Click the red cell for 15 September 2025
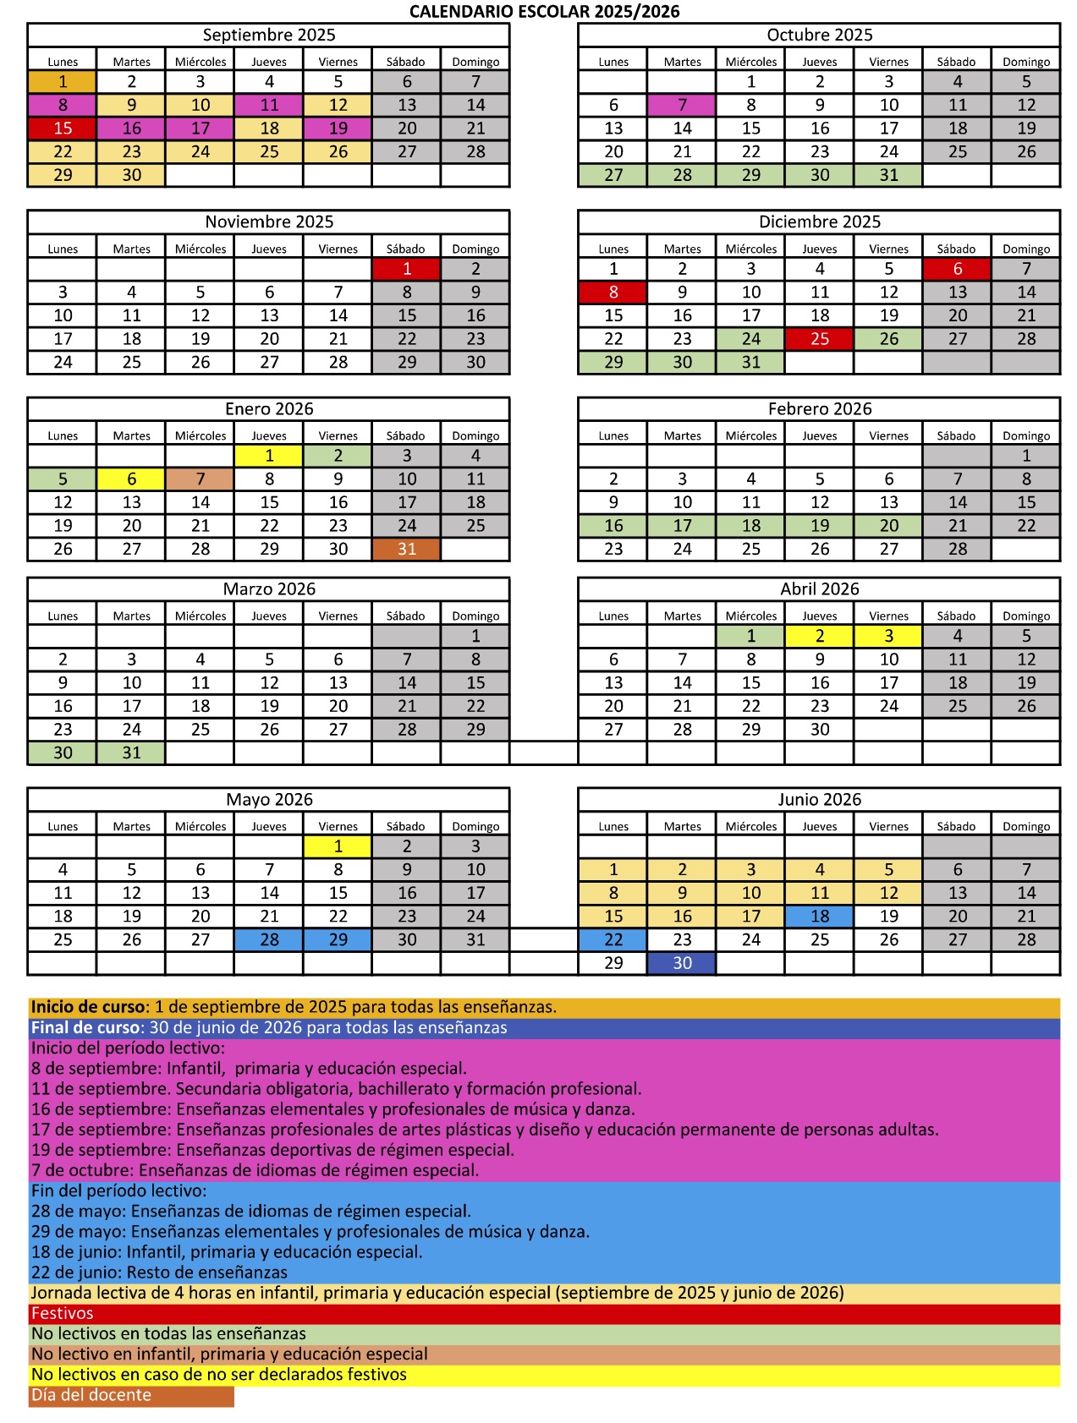(x=63, y=129)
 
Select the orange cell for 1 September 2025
(x=63, y=82)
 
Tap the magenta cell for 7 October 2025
(x=682, y=105)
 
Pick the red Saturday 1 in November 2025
(x=407, y=269)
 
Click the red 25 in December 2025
(x=820, y=339)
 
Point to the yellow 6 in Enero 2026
(x=132, y=479)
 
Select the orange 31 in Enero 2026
(x=407, y=550)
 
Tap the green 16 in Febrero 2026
(x=613, y=526)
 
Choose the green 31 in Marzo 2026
(x=132, y=753)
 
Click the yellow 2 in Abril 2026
(x=820, y=637)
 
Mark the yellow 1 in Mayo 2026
(x=338, y=846)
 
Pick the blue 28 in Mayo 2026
(x=269, y=940)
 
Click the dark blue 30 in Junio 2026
(x=682, y=963)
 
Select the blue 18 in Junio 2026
(x=820, y=917)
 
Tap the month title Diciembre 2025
(x=819, y=222)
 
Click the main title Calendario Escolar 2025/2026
(x=544, y=12)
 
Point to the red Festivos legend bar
(x=544, y=1314)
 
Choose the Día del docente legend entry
(x=131, y=1396)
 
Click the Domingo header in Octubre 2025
(x=1026, y=62)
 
